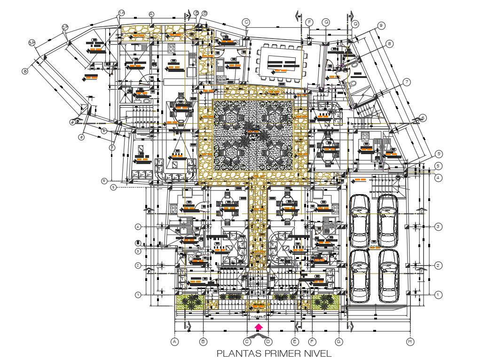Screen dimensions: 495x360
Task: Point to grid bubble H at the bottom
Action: [x=410, y=342]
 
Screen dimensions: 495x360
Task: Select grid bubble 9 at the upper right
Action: [x=381, y=25]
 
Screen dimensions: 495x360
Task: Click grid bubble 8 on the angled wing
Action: [x=390, y=44]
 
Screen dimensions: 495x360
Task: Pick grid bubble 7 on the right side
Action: [x=407, y=82]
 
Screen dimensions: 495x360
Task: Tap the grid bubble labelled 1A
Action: [x=121, y=13]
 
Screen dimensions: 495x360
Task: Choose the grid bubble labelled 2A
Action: [x=65, y=27]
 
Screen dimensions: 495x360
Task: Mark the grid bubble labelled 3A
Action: [x=32, y=43]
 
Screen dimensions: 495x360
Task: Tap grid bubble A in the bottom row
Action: [x=175, y=342]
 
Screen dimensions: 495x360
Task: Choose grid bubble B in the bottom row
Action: [x=204, y=342]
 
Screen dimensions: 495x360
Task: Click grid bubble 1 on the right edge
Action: [x=438, y=295]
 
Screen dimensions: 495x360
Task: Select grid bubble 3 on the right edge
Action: [x=438, y=227]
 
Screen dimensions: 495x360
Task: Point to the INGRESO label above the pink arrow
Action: [x=258, y=316]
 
